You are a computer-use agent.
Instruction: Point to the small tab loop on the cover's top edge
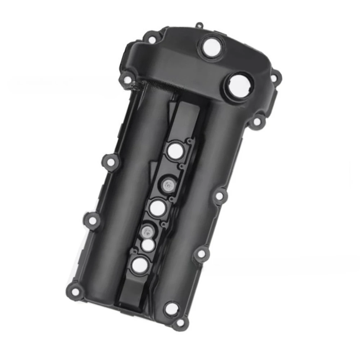199,26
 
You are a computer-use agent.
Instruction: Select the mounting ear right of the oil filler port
275,77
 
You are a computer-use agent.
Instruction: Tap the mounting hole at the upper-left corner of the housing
153,37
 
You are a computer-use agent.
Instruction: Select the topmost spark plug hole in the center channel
174,151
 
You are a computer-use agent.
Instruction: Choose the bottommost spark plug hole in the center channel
139,265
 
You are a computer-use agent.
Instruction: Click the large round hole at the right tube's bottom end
171,308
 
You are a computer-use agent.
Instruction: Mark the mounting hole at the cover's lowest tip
178,323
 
